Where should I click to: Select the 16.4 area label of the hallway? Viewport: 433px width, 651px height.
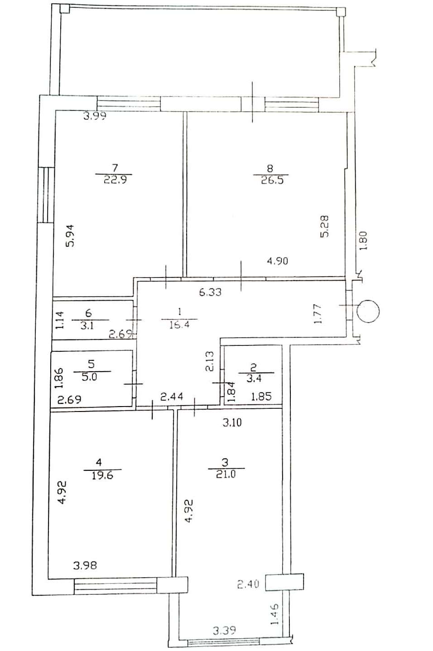[x=179, y=324]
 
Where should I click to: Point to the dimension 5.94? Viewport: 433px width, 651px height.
[x=70, y=236]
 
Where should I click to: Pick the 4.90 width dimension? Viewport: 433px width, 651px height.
[x=278, y=261]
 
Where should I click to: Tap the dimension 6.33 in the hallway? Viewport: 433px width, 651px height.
[x=210, y=292]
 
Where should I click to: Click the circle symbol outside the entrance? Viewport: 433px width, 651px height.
[x=368, y=311]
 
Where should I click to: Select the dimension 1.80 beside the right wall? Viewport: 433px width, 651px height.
[x=364, y=240]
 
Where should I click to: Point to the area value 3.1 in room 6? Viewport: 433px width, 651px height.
[x=87, y=325]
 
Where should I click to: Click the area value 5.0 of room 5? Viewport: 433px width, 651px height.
[x=90, y=377]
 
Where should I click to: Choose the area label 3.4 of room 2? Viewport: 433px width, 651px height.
[x=255, y=378]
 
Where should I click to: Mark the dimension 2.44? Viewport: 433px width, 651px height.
[x=172, y=397]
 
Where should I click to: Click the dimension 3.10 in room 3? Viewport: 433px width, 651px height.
[x=232, y=422]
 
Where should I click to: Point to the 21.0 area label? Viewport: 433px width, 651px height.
[x=226, y=474]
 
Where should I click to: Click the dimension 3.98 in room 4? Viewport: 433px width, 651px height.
[x=85, y=565]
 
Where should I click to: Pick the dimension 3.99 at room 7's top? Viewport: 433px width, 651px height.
[x=95, y=116]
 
